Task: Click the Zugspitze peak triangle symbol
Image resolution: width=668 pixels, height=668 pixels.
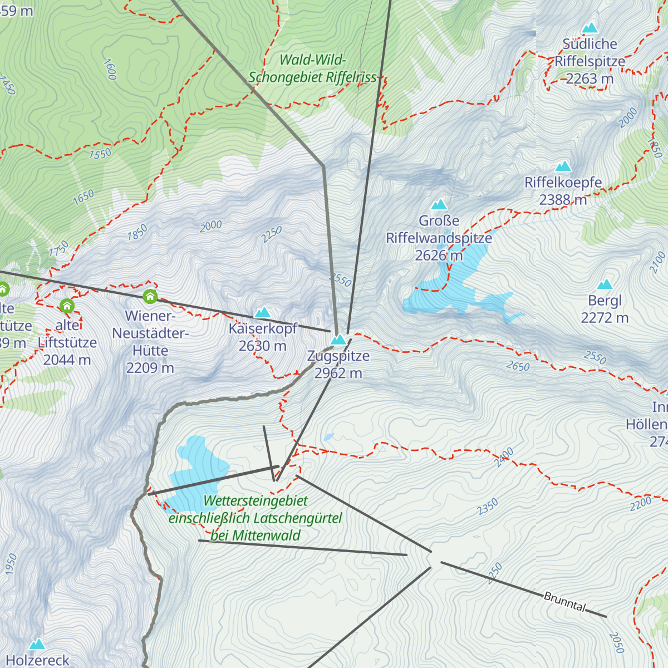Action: coord(338,340)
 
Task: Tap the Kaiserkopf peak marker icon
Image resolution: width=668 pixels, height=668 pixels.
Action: coord(262,312)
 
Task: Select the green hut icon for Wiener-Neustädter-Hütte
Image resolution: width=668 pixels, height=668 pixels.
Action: coord(150,296)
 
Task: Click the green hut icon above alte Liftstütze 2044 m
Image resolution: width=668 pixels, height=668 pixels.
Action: coord(67,306)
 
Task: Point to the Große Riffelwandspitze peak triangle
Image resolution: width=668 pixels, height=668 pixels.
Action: coord(439,205)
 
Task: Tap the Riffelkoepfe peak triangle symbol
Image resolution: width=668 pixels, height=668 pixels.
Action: coord(563,166)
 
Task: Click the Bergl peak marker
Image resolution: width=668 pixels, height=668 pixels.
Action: coord(605,284)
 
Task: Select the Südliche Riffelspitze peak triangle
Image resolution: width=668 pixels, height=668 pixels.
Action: coord(590,28)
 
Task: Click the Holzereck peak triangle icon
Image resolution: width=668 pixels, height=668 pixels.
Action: coord(37,644)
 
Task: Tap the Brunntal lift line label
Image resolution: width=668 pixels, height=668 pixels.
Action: coord(564,602)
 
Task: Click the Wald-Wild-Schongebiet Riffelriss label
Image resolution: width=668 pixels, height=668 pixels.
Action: coord(312,68)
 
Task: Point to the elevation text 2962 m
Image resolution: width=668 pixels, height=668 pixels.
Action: coord(338,374)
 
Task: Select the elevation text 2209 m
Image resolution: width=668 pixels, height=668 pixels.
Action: coord(150,368)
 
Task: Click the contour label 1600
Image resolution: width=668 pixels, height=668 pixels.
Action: coord(110,69)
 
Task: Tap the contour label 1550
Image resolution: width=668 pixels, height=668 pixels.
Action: coord(100,154)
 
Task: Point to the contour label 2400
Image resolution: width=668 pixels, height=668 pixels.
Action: coord(504,457)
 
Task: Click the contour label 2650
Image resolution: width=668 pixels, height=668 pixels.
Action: coord(518,366)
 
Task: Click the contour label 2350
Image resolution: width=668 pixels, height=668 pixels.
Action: coord(488,507)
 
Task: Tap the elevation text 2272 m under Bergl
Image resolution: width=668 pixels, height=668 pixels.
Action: coord(605,318)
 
